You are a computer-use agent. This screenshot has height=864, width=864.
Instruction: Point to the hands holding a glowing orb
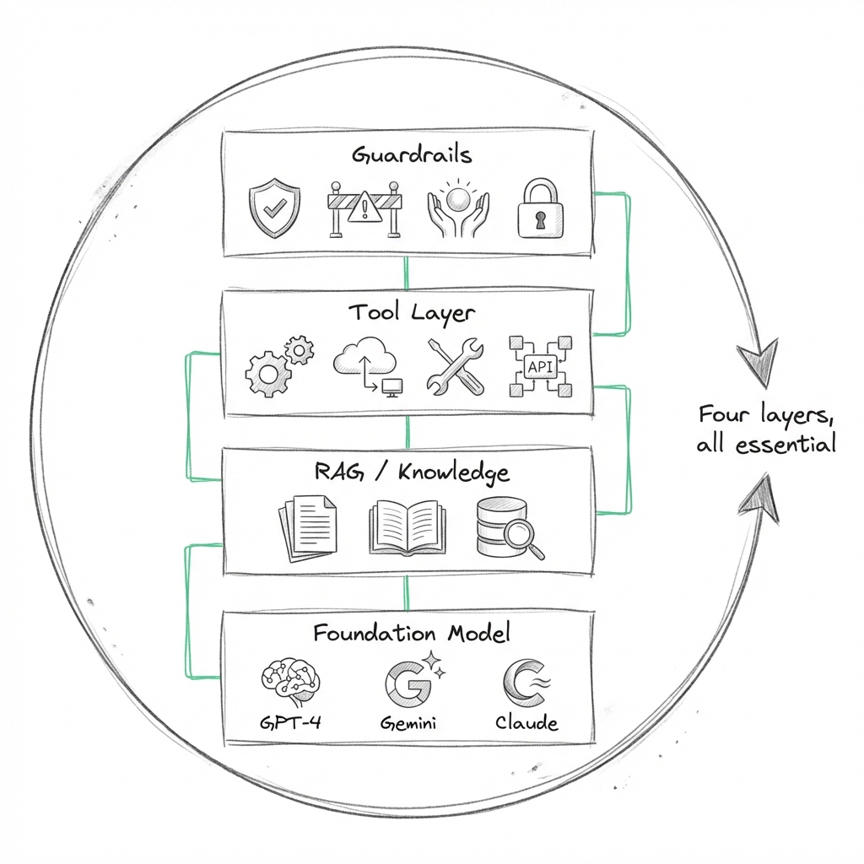point(456,208)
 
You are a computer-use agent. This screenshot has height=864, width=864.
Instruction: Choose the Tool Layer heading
point(411,312)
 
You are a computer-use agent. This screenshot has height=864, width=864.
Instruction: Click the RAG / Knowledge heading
point(411,472)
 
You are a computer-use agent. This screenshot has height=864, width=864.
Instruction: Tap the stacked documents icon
point(306,527)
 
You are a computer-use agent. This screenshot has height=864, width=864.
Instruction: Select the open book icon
point(406,528)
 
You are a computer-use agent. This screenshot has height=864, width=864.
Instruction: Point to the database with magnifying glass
point(509,528)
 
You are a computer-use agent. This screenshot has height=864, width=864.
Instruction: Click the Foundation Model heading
point(411,633)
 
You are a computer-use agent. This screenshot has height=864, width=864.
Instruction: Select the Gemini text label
point(408,723)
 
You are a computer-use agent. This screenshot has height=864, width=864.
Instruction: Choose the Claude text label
point(526,723)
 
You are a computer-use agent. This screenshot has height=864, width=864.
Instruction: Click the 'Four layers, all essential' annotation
point(766,429)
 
